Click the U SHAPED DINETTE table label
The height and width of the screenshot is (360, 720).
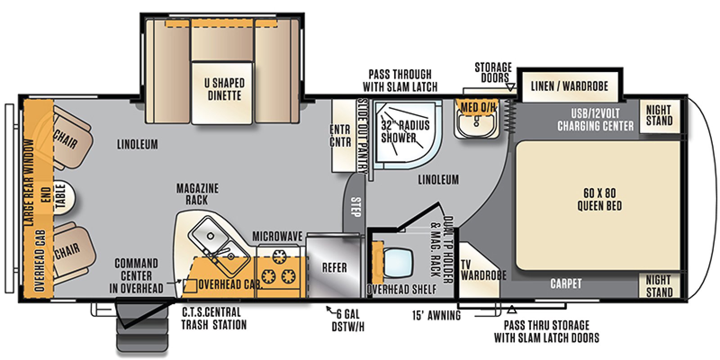coord(224,89)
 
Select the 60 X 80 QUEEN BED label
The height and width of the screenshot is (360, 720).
coord(599,200)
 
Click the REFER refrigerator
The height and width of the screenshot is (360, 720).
coord(334,268)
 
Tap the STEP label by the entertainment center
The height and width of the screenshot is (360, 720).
coord(356,207)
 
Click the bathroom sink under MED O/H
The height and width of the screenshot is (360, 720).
coord(476,122)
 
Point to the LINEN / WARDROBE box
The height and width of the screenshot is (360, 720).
coord(569,86)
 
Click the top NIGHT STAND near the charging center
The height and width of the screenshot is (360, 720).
coord(659,115)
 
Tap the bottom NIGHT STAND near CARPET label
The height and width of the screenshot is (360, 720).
coord(659,286)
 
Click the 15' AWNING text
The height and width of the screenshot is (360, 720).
coord(436,315)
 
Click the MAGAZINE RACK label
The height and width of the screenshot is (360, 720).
coord(197,194)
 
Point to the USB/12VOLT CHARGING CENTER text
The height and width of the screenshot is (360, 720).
coord(595,120)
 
